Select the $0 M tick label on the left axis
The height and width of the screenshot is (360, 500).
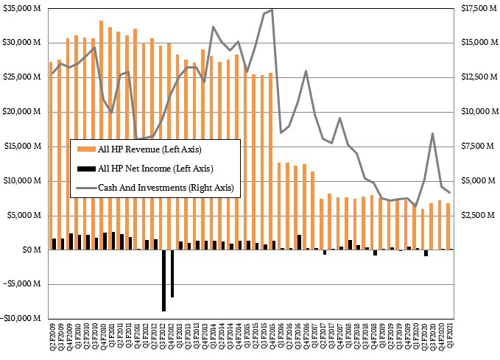coord(32,250)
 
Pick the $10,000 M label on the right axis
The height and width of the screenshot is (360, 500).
coord(476,112)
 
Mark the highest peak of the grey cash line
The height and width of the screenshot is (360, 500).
coord(272,10)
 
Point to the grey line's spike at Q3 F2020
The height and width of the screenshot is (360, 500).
coord(432,133)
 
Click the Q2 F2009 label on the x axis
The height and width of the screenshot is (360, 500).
coord(52,341)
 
